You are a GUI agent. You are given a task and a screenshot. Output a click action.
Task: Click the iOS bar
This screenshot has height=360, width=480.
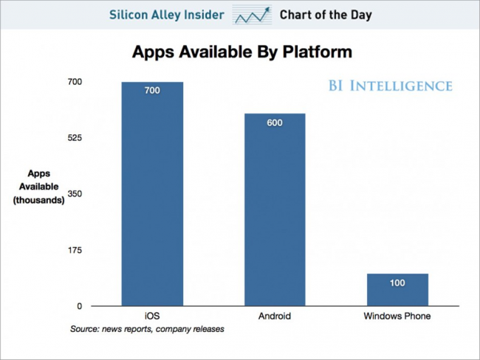[x=152, y=194]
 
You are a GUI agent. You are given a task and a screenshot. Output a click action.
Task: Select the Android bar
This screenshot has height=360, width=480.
[x=275, y=210]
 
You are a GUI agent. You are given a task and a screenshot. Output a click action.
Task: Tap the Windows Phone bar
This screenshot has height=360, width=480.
[x=397, y=290]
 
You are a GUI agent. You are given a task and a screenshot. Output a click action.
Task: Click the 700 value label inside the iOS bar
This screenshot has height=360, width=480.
[x=152, y=91]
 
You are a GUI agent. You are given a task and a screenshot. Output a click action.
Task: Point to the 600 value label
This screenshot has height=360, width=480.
[x=275, y=123]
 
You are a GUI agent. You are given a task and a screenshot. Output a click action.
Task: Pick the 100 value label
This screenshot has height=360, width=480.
[x=397, y=283]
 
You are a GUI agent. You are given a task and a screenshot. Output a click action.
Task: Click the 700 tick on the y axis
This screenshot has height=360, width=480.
[x=75, y=82]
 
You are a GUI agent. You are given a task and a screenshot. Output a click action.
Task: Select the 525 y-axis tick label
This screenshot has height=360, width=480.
[x=75, y=138]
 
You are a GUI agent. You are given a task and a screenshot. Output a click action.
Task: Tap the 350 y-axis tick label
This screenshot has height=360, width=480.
[x=75, y=194]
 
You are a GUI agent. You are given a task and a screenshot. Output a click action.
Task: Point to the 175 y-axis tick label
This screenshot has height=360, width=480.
[x=75, y=250]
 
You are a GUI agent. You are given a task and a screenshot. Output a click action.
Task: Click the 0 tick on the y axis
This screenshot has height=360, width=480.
[x=80, y=306]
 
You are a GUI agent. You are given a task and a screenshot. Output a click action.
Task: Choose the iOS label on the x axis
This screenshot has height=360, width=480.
[x=152, y=316]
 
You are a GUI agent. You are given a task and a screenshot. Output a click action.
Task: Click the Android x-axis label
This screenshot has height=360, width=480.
[x=275, y=316]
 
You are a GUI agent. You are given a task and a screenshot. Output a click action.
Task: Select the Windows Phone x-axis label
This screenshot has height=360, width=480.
[x=397, y=316]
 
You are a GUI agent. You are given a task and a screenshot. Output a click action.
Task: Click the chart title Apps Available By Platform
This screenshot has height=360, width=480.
[x=242, y=52]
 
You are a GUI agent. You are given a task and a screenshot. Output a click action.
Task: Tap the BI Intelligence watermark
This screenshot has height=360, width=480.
[x=391, y=86]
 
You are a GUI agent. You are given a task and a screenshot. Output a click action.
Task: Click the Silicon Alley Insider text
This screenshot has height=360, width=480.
[x=167, y=15]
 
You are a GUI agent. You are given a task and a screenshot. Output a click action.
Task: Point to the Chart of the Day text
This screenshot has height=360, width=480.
[x=326, y=15]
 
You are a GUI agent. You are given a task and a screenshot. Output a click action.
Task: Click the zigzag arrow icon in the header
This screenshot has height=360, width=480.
[x=252, y=15]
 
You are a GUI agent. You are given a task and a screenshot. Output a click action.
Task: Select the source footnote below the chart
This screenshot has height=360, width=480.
[x=147, y=329]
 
